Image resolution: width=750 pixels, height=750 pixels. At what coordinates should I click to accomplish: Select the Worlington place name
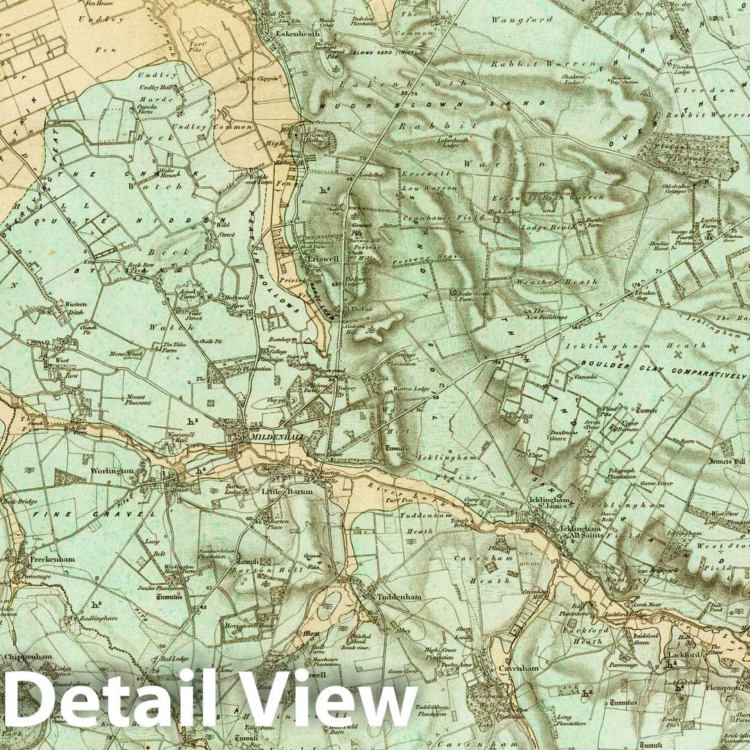(112, 471)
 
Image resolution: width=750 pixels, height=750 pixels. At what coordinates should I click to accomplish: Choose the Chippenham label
(28, 657)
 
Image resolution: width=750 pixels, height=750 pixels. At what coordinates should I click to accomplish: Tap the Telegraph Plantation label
(621, 473)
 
